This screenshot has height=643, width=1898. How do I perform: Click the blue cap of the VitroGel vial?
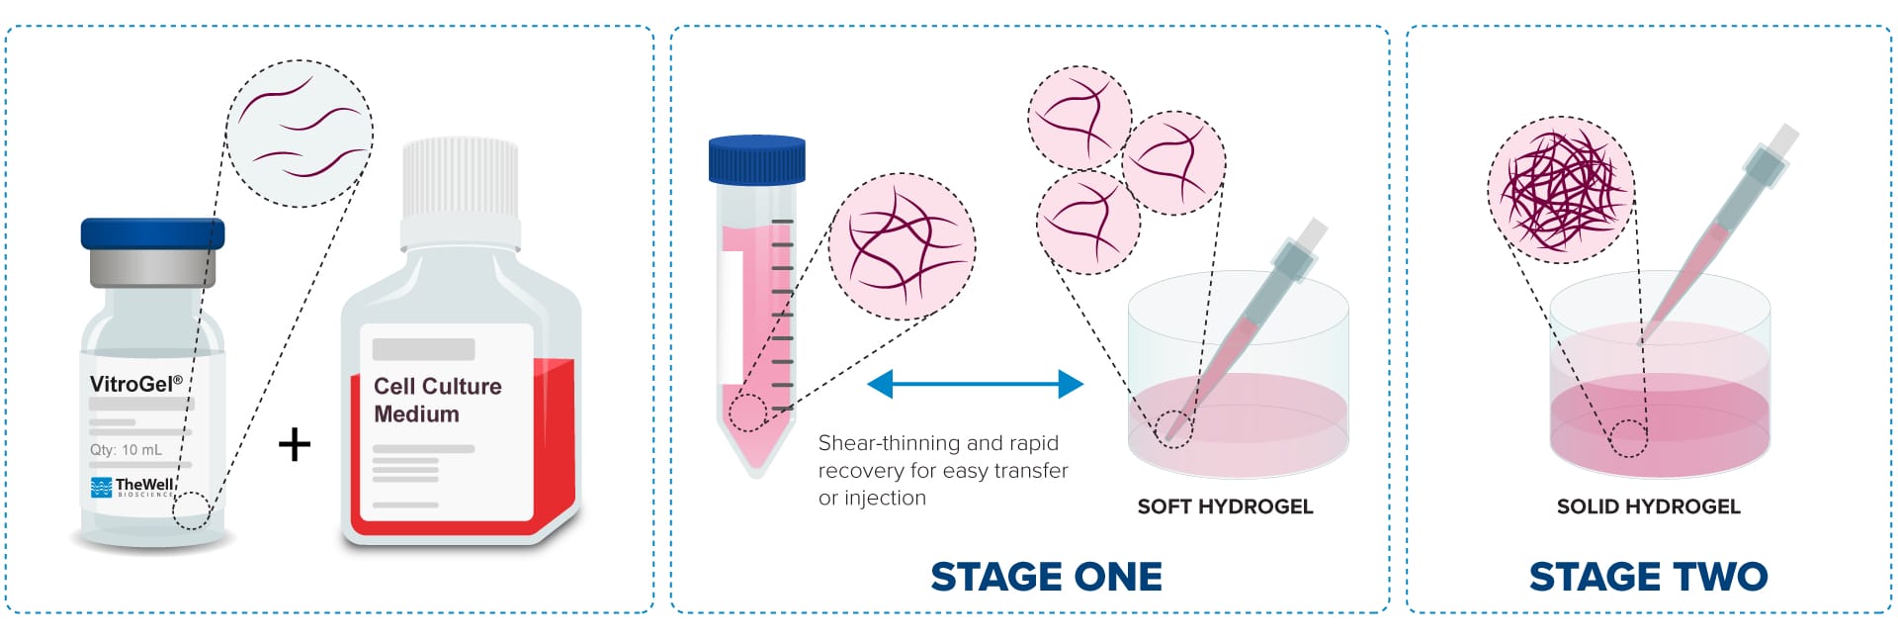[152, 233]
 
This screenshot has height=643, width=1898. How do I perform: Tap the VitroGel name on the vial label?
[135, 384]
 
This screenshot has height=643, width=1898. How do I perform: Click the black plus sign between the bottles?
[295, 444]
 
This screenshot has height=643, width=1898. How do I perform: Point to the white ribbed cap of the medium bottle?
[461, 178]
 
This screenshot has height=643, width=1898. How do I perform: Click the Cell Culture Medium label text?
[437, 400]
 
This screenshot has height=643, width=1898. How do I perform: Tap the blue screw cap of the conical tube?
[757, 159]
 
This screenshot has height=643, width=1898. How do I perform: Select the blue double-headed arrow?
[975, 384]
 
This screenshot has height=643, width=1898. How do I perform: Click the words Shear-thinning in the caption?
[876, 443]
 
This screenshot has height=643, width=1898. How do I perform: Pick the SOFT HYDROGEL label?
[1225, 506]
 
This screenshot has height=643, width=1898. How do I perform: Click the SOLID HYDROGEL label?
[1648, 506]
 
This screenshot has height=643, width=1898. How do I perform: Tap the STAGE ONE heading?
[1046, 577]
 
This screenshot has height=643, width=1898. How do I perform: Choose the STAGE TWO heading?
[1648, 577]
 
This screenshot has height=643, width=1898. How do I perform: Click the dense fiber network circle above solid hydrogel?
[1561, 190]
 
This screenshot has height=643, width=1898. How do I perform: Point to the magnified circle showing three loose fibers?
[300, 133]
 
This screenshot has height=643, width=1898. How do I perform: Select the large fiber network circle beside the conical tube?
[902, 245]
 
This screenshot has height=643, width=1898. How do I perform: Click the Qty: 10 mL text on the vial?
[126, 450]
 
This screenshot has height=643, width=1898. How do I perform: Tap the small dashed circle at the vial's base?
[192, 510]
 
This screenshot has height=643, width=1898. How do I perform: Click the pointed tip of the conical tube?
[756, 468]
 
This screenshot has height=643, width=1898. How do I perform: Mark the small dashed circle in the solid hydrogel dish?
[1628, 438]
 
